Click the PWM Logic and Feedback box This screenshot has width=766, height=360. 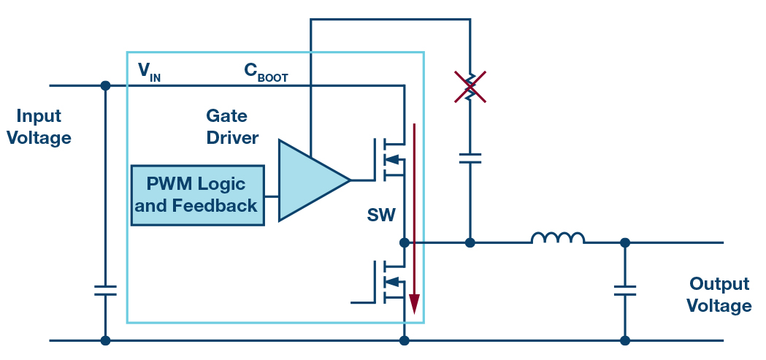click(197, 194)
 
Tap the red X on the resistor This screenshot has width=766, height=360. click(470, 86)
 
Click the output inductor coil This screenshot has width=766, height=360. click(558, 238)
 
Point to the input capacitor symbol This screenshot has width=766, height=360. click(105, 290)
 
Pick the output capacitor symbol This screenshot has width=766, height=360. click(625, 291)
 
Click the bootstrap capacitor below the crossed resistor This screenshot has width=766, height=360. click(470, 158)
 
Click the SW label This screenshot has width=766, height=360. click(381, 215)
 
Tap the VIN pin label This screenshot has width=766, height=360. click(149, 72)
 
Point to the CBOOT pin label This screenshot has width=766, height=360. click(265, 72)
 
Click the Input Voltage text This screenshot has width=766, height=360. click(39, 127)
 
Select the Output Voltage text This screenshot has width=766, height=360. click(719, 295)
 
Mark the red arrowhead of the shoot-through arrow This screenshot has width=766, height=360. click(414, 303)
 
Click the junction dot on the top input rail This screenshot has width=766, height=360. click(105, 85)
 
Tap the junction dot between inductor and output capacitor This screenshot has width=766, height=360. click(625, 242)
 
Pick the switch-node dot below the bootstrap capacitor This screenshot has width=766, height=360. click(470, 242)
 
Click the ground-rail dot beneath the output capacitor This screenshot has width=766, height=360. click(625, 340)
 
